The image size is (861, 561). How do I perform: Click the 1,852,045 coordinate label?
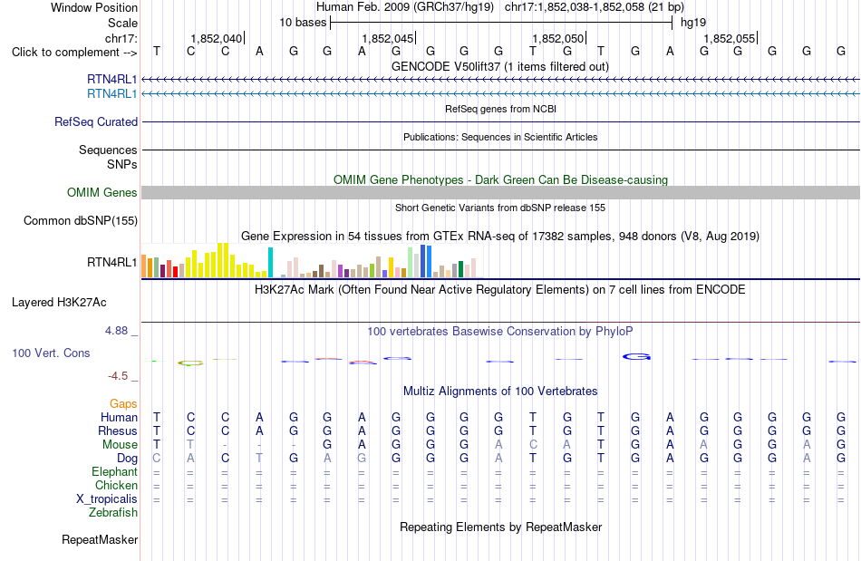[387, 38]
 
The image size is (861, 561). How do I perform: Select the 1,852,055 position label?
[730, 38]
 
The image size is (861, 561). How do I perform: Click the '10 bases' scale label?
[303, 23]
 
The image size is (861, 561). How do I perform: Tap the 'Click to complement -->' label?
[74, 53]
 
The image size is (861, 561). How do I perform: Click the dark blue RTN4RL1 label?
[112, 79]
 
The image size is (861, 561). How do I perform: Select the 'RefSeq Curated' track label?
[96, 121]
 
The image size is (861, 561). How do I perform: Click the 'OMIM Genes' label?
[102, 193]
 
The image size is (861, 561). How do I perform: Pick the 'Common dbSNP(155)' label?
[81, 220]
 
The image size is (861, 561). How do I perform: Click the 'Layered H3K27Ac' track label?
[59, 303]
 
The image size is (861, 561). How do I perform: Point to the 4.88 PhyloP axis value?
[116, 331]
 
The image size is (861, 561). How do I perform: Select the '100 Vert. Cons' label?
[51, 353]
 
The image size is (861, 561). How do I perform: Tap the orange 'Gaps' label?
[123, 404]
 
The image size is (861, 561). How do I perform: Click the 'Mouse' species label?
[120, 445]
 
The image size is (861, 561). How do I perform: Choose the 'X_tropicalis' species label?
[107, 499]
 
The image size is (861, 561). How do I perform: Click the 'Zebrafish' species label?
[113, 513]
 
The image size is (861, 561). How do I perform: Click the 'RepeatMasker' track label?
[100, 540]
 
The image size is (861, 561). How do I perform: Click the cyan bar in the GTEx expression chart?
[270, 263]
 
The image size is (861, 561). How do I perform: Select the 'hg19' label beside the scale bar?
[693, 23]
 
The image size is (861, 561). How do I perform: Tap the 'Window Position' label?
[94, 7]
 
